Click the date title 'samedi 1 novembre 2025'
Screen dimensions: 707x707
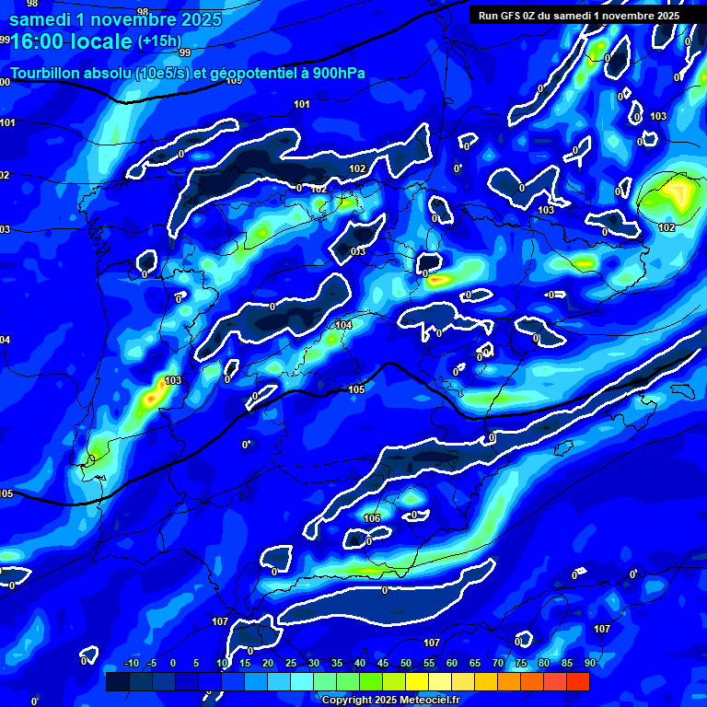[114, 19]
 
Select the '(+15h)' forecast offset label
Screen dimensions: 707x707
[159, 41]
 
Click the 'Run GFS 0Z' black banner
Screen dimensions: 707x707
[578, 15]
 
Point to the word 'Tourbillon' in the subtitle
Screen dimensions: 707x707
[48, 73]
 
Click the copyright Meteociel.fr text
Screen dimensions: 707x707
[403, 700]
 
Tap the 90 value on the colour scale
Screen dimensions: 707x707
[589, 663]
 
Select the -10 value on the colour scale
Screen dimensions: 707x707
[131, 663]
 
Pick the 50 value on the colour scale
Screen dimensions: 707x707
[406, 663]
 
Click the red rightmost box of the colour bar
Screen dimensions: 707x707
[577, 681]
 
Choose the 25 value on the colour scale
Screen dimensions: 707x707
[291, 663]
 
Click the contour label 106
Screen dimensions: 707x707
[372, 518]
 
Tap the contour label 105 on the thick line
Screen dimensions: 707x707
[357, 389]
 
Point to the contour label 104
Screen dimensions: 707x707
[343, 325]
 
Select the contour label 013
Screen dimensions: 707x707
[358, 251]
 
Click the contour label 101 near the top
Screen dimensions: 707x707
[302, 104]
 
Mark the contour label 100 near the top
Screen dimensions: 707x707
[233, 80]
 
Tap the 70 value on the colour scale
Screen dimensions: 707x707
[498, 663]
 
